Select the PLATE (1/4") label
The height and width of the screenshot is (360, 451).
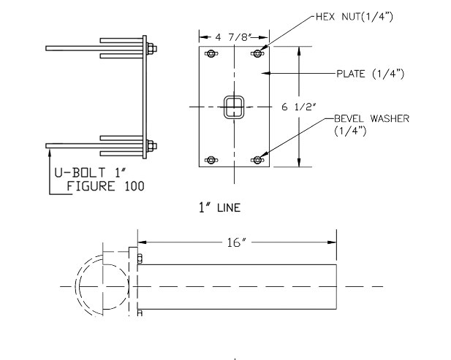click(369, 73)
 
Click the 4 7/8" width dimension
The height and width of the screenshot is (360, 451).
click(234, 35)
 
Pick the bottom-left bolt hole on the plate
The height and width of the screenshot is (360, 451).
click(211, 160)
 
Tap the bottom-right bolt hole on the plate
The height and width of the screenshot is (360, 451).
click(258, 160)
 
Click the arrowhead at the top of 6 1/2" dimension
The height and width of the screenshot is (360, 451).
click(299, 50)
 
